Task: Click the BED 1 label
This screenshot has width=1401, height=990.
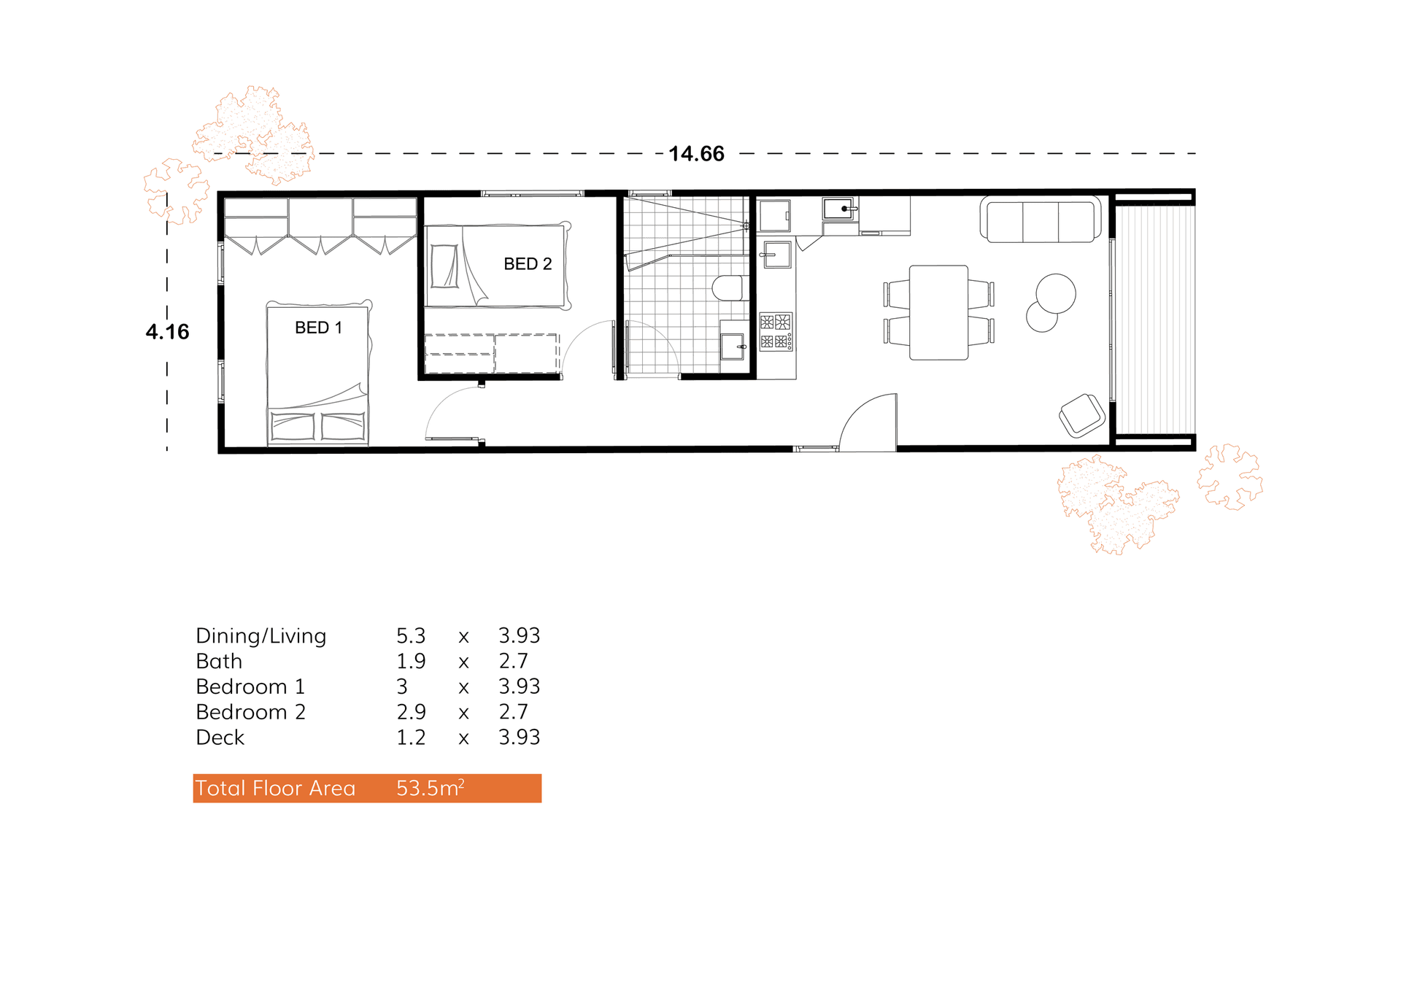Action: (318, 328)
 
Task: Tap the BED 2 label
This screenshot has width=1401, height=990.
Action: (528, 264)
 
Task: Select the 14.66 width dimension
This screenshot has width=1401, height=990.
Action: (696, 154)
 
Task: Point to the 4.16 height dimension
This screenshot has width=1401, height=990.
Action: (167, 332)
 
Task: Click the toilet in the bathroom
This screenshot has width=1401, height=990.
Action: (727, 288)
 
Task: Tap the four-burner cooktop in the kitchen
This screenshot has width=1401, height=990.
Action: (775, 332)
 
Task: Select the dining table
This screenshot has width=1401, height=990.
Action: (938, 312)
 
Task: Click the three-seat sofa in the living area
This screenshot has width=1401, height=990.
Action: (1041, 219)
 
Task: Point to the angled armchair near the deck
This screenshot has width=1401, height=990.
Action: (1082, 415)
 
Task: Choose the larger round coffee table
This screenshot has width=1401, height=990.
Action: (1055, 293)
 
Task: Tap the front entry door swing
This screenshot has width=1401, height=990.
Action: (868, 422)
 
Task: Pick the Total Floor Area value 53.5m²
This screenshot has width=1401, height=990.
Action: (430, 788)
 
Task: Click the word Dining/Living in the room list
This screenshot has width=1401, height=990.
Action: (260, 636)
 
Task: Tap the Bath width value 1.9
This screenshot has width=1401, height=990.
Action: (411, 661)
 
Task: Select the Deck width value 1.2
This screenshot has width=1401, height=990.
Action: (411, 738)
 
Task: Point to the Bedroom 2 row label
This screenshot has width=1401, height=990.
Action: (250, 712)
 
